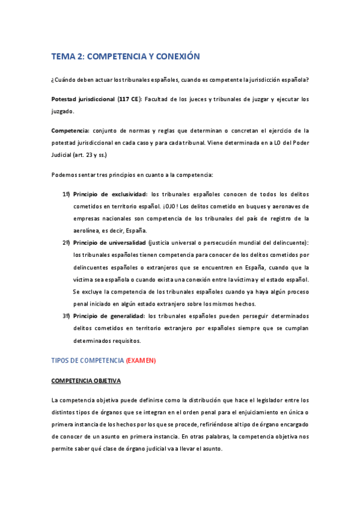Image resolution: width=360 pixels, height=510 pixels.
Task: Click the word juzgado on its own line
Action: [x=63, y=111]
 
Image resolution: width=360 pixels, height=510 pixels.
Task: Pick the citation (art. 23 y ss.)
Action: [x=87, y=155]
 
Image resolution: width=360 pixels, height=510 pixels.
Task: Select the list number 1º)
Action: [x=66, y=194]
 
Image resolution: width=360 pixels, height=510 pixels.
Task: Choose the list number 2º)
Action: [x=66, y=242]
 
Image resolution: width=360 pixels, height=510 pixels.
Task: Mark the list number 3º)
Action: [x=66, y=316]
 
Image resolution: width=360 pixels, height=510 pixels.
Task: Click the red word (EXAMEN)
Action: [x=141, y=360]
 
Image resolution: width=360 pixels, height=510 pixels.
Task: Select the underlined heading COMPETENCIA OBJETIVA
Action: [x=86, y=381]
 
